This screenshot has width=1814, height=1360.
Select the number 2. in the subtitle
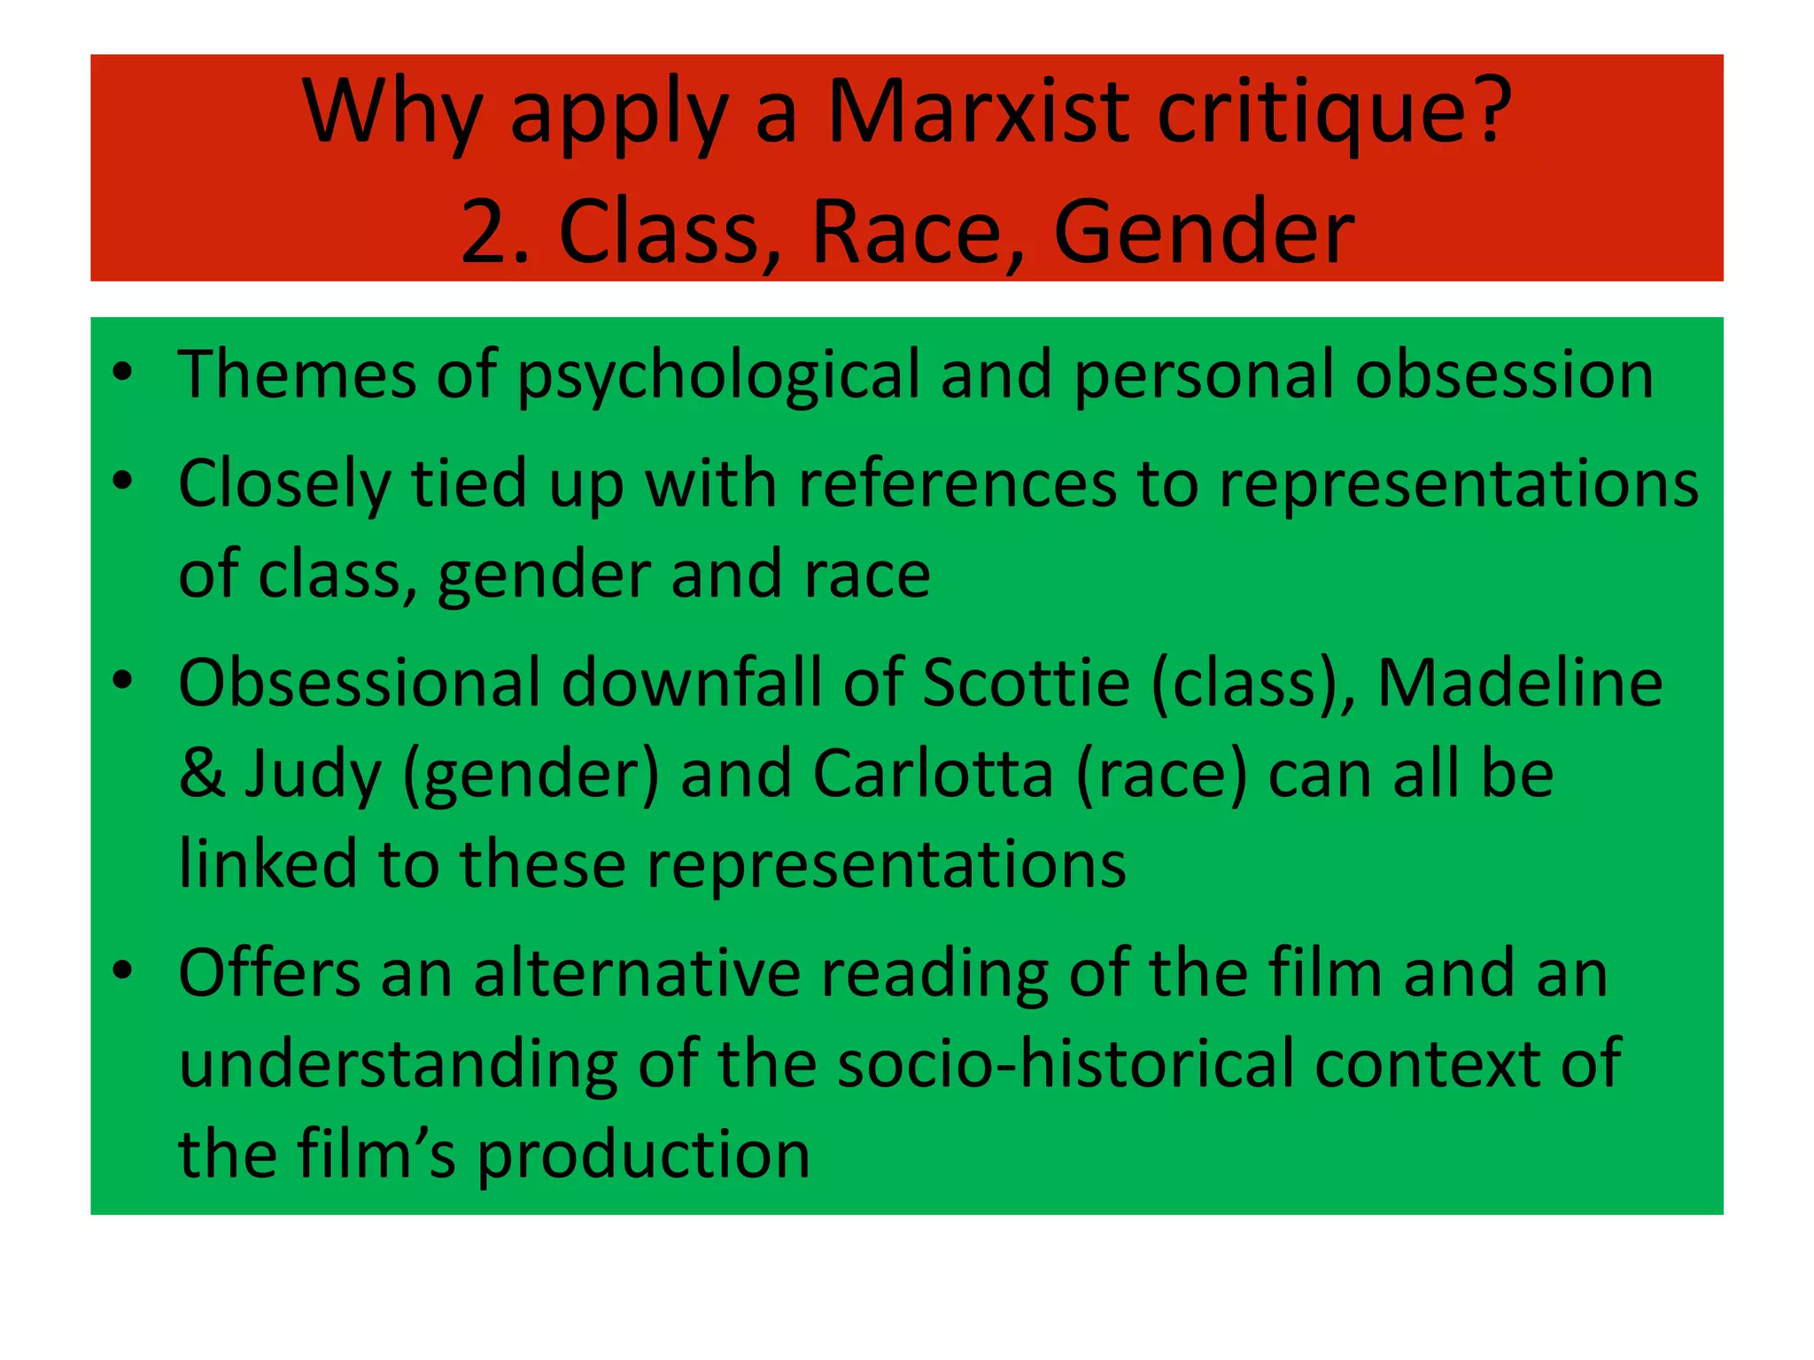tap(495, 232)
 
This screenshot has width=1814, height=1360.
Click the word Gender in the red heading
tap(1204, 232)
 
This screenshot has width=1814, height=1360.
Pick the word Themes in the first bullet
tap(297, 375)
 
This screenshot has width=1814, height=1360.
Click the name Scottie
tap(1027, 684)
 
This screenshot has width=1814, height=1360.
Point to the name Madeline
tap(1520, 684)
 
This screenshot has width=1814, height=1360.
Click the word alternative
tap(637, 974)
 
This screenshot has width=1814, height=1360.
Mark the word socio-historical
tap(1066, 1063)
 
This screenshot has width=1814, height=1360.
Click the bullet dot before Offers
tap(123, 971)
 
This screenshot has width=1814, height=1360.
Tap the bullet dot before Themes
tap(123, 372)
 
